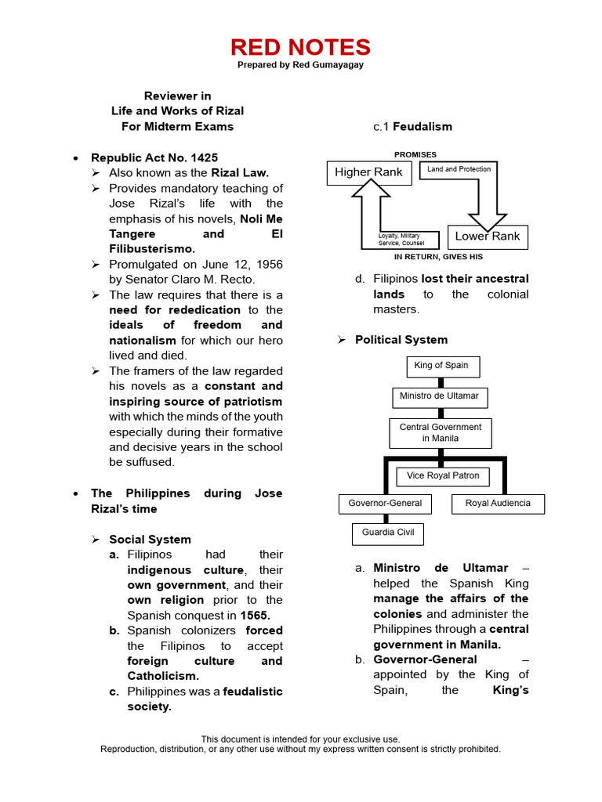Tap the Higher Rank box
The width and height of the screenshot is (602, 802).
tap(368, 172)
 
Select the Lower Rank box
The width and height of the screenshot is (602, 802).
tap(487, 237)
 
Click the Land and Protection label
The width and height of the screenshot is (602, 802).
tap(459, 169)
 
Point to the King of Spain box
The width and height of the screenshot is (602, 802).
tap(443, 366)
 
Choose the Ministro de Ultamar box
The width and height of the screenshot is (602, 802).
tap(439, 396)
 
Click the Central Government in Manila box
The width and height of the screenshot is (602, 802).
tap(441, 433)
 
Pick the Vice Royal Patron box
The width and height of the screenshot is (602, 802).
tap(443, 475)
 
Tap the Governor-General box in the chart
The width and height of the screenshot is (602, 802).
tap(385, 504)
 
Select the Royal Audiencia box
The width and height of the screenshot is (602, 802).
tap(498, 504)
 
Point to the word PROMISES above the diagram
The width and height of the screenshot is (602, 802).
tap(415, 155)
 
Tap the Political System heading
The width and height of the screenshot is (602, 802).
tap(401, 340)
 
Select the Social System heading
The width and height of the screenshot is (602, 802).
tap(150, 540)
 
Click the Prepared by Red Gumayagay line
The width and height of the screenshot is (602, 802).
tap(300, 65)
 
